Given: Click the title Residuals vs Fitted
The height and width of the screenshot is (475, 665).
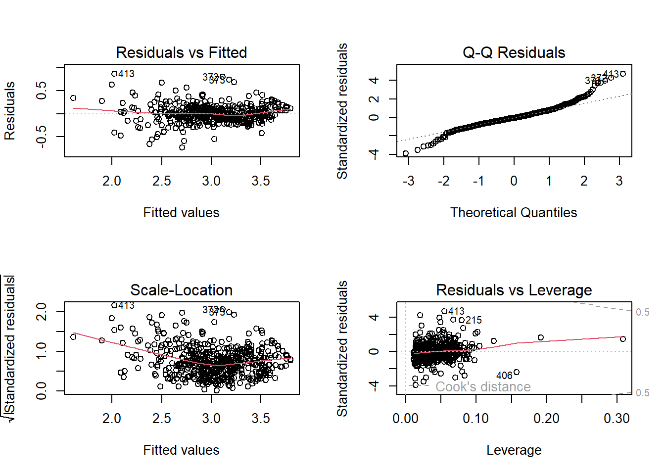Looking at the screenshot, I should coord(181,52).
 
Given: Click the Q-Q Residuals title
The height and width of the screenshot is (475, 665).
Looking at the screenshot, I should coord(514,52).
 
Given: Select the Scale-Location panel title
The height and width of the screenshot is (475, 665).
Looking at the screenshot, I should coord(181,290).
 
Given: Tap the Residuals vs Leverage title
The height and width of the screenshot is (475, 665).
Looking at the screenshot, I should coord(514,290).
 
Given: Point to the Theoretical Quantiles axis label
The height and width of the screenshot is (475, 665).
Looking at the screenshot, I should coord(514,213).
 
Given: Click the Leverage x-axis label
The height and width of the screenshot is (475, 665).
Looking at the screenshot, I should coord(514,450).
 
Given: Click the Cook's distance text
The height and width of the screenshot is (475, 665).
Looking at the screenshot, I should coord(483,387).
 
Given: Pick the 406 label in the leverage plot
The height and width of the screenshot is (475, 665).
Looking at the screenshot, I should coord(504,376).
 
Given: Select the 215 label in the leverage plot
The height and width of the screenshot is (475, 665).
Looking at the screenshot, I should coord(474,320).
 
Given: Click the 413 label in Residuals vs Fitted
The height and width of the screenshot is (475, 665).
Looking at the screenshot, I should coord(126,74).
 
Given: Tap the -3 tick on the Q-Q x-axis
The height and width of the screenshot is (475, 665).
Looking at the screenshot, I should coord(408,181).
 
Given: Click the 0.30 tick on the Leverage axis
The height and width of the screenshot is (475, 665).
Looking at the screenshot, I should coord(617,419).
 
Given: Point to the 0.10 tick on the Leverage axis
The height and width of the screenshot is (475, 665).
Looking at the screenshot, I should coord(476,419).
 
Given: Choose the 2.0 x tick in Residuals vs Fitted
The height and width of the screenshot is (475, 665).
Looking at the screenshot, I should coord(112,181).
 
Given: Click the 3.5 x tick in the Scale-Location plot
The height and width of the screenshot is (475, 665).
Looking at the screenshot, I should coord(261,419).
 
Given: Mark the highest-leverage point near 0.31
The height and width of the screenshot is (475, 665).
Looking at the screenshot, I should coord(623,339).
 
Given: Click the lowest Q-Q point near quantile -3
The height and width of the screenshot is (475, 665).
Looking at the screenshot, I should coord(406,153).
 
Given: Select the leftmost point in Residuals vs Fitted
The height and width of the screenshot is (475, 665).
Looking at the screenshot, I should coord(73,98).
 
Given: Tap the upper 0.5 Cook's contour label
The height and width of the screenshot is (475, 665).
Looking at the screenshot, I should coord(642,312).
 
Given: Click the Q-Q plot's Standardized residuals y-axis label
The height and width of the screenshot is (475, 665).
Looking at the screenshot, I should coord(342,111).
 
